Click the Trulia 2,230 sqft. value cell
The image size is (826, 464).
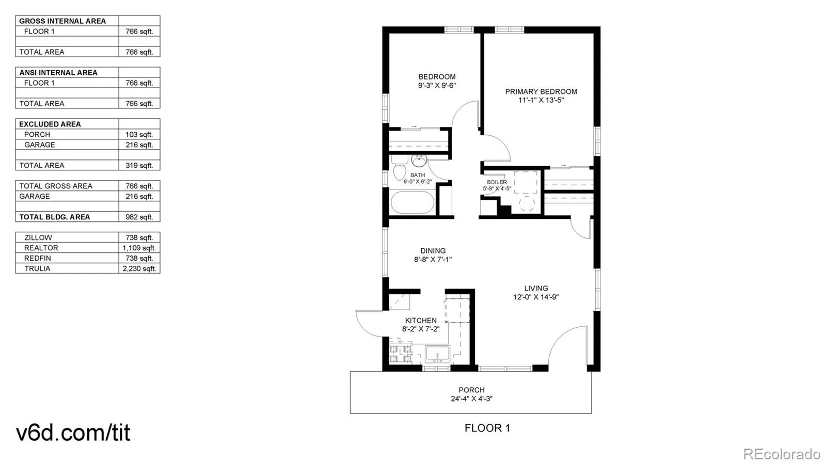[x=139, y=268]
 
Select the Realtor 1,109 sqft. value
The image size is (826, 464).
[x=139, y=248]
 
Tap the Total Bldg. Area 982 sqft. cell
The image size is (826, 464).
[x=139, y=217]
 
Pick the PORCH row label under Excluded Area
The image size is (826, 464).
[x=37, y=134]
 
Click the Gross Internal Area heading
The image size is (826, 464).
[x=62, y=21]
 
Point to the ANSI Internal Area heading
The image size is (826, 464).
[x=58, y=73]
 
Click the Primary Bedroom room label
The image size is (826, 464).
[x=541, y=91]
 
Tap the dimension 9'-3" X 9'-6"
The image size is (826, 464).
[x=437, y=86]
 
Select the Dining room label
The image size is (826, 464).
[x=433, y=251]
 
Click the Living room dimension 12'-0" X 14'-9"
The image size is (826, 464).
[x=536, y=297]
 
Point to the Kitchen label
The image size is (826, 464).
[x=421, y=321]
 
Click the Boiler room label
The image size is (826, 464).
[x=497, y=182]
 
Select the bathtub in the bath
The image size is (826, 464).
[x=412, y=202]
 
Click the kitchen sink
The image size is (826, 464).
[x=437, y=354]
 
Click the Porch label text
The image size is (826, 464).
[x=471, y=390]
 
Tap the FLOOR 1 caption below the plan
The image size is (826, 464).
[x=487, y=428]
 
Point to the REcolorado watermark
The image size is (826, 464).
[x=782, y=454]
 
